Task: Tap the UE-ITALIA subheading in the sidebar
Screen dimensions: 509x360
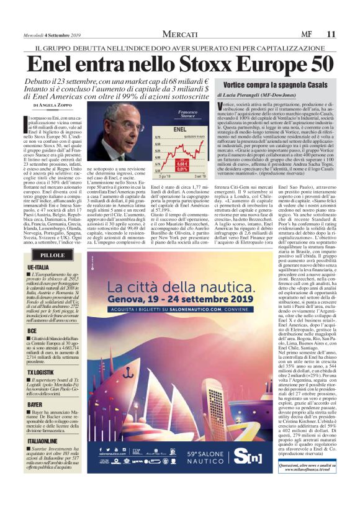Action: click(38, 266)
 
